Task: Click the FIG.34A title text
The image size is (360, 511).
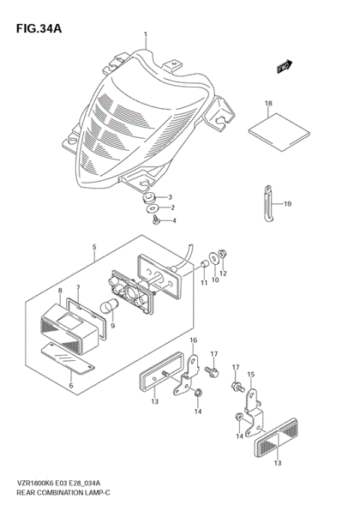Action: click(36, 29)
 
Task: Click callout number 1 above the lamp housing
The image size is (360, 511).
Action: click(145, 35)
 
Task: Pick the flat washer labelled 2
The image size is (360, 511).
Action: click(152, 208)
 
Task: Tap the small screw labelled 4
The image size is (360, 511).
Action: click(154, 219)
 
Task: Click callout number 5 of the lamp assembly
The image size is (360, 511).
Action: click(94, 247)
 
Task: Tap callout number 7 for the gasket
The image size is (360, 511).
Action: click(78, 288)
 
